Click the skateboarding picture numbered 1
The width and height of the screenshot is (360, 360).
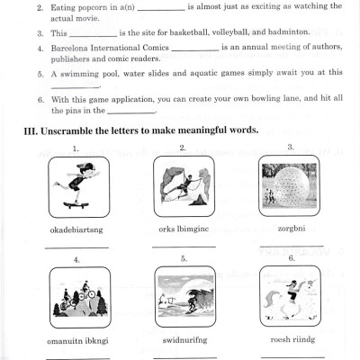click(x=76, y=185)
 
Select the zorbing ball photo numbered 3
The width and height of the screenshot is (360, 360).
click(x=290, y=185)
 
